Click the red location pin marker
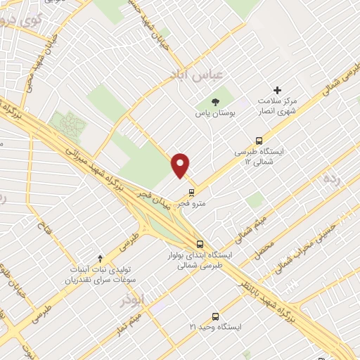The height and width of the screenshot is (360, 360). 181,165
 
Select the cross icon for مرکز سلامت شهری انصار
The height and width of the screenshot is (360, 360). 278,90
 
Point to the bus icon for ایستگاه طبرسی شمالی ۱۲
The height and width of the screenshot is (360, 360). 259,140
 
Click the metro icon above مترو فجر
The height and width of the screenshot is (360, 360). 191,192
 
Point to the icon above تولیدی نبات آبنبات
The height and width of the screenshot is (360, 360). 101,259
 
